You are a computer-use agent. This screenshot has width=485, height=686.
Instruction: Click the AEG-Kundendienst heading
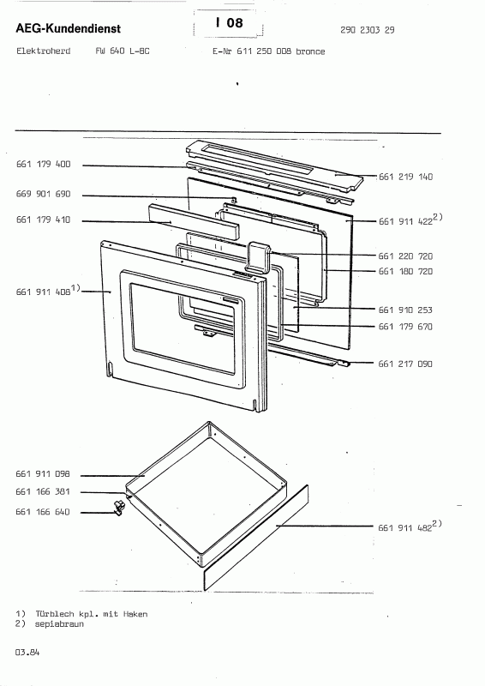tap(69, 29)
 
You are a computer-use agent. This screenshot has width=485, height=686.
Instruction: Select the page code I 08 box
tap(228, 23)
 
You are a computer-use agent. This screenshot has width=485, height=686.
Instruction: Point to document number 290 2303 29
tap(368, 30)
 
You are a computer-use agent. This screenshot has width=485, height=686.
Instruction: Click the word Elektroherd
tap(44, 51)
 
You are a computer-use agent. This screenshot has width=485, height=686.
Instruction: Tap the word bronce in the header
tap(310, 51)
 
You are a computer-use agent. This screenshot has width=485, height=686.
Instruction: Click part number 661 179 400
tap(44, 164)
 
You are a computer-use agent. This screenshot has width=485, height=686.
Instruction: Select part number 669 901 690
tap(44, 194)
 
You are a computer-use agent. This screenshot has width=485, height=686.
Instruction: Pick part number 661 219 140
tap(406, 177)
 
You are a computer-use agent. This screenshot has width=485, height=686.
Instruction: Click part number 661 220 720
tap(406, 256)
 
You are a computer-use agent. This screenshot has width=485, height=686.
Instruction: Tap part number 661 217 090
tap(405, 364)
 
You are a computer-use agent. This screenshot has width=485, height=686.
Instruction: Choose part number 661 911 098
tap(43, 474)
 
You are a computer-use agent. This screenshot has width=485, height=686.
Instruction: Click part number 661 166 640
tap(43, 512)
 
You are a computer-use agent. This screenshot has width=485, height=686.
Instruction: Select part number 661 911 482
tap(405, 527)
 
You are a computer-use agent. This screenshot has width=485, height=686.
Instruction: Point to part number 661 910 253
tap(406, 310)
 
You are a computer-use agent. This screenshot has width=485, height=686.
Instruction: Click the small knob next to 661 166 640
tap(119, 507)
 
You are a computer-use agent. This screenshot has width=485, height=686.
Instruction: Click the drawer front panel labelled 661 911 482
tap(256, 539)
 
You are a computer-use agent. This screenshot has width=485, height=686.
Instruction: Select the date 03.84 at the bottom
tap(27, 653)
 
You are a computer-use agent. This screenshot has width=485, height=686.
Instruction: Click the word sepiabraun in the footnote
tap(59, 624)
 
